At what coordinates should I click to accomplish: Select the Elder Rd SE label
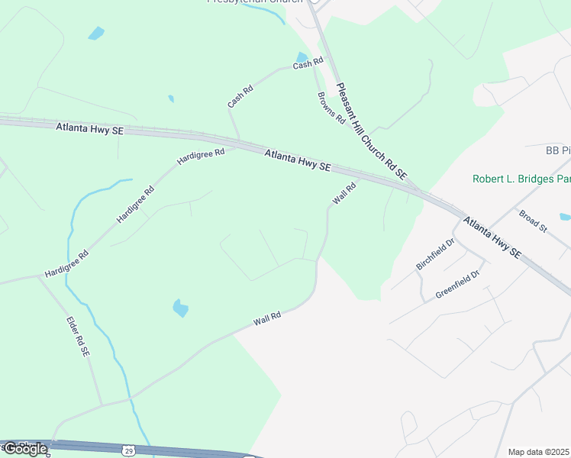(79, 337)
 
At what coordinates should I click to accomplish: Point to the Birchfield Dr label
(435, 253)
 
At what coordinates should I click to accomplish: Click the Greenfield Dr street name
(457, 283)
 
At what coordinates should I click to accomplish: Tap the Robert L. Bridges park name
(521, 179)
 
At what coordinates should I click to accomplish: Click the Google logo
(24, 449)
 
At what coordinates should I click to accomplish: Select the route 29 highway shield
(129, 450)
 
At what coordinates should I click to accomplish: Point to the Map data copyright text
(539, 452)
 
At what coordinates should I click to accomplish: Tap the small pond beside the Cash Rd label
(302, 57)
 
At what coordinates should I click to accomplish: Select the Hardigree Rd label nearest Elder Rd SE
(66, 263)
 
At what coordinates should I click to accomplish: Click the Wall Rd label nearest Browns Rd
(344, 194)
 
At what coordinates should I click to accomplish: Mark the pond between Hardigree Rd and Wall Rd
(181, 308)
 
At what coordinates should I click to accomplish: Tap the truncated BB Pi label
(558, 150)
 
